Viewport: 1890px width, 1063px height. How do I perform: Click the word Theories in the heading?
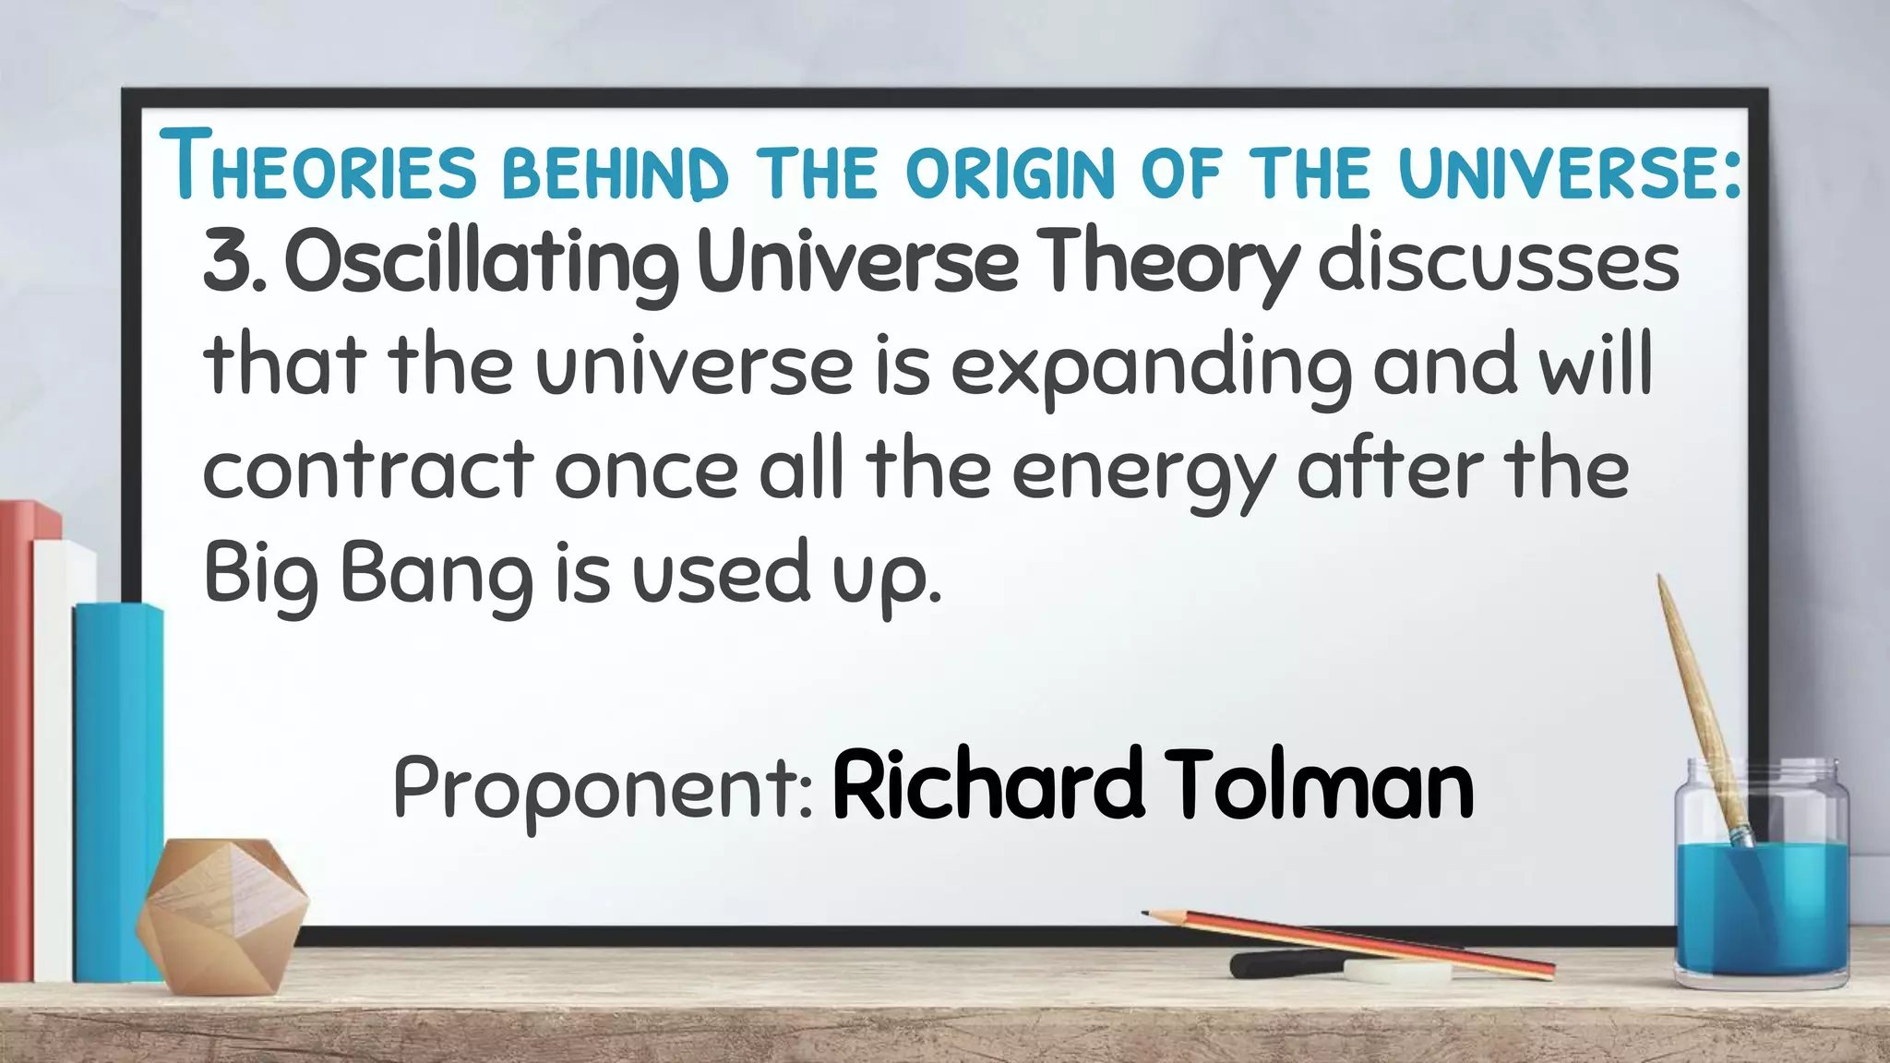point(318,166)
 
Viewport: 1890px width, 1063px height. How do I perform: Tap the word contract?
point(368,471)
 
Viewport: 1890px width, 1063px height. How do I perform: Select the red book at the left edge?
point(17,738)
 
